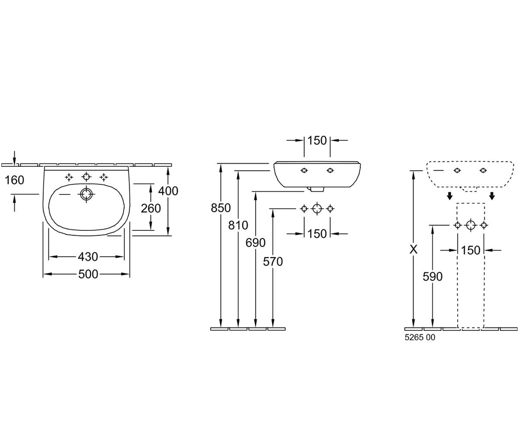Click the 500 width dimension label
tap(88, 274)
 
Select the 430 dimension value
tap(88, 257)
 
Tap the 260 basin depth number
tap(151, 208)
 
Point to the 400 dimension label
tap(168, 191)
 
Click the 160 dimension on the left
tap(14, 180)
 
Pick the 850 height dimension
tap(221, 208)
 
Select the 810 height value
tap(238, 225)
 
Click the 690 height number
tap(256, 242)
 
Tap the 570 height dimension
tap(273, 262)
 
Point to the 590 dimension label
tap(433, 277)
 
